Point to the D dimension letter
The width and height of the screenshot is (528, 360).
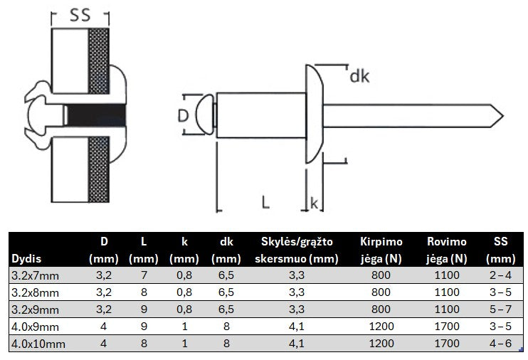click(x=183, y=115)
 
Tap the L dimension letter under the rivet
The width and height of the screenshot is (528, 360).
click(x=265, y=202)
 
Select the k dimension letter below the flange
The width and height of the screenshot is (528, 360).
click(x=315, y=203)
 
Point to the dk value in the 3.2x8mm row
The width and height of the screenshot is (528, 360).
click(x=227, y=291)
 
